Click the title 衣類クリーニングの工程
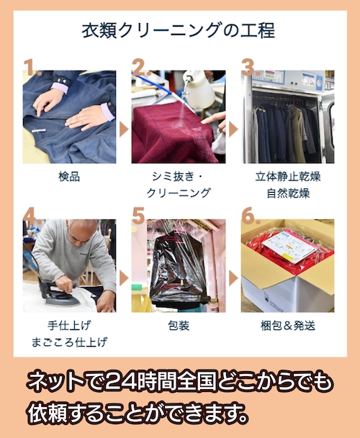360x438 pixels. (178, 31)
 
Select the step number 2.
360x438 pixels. (140, 68)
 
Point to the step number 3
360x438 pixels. (248, 67)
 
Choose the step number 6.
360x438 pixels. (248, 216)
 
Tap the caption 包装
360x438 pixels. (179, 325)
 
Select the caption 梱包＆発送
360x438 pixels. (287, 325)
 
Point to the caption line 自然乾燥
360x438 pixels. (287, 193)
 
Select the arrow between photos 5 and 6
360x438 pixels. (233, 278)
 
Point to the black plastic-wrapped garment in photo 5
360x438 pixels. (176, 270)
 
